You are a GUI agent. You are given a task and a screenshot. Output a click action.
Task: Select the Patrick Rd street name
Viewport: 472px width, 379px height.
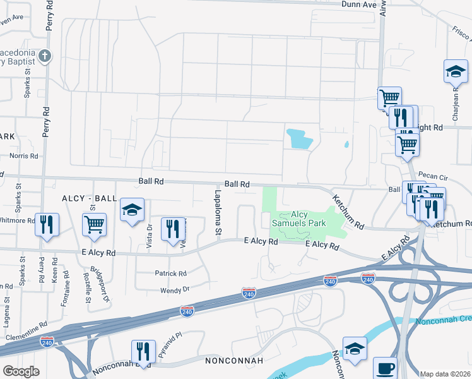(x=171, y=274)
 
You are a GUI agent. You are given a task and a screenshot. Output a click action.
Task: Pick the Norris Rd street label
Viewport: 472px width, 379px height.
(x=23, y=155)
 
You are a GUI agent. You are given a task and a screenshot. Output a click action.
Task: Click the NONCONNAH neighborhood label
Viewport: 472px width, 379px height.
(x=233, y=361)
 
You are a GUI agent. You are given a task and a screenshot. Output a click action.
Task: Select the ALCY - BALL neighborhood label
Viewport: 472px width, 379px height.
(x=88, y=198)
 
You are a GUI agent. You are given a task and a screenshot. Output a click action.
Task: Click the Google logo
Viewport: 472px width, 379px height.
(x=21, y=371)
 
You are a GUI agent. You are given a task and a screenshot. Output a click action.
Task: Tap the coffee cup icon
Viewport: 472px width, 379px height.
(x=385, y=367)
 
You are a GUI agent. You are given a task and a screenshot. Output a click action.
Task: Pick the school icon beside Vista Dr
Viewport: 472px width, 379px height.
(x=133, y=210)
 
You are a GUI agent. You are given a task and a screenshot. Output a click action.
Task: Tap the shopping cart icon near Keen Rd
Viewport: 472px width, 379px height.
(x=93, y=224)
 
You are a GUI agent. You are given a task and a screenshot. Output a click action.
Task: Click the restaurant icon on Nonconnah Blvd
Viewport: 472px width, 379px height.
(x=143, y=351)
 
